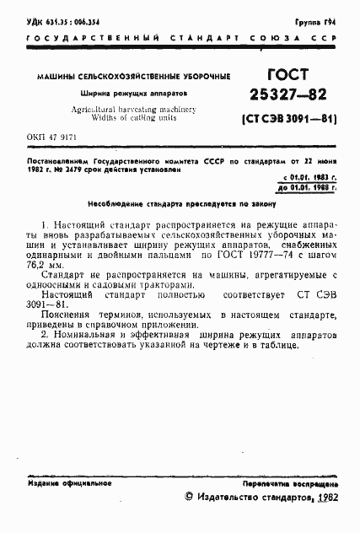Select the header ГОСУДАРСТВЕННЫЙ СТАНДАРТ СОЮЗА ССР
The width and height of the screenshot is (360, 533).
[180, 38]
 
